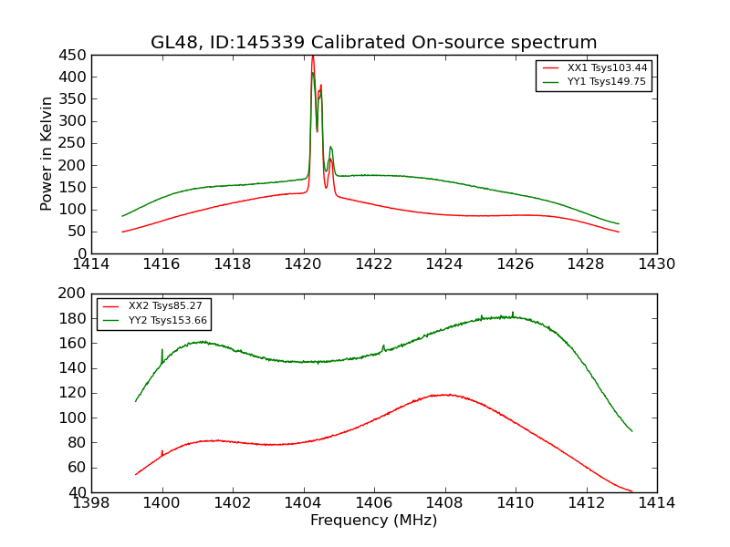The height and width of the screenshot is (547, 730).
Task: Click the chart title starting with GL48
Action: click(374, 43)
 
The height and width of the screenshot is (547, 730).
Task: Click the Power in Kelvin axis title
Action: click(47, 154)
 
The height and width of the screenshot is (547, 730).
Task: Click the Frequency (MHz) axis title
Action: click(374, 521)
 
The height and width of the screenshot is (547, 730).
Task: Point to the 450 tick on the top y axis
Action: click(73, 55)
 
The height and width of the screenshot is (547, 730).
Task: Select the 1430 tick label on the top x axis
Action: click(657, 264)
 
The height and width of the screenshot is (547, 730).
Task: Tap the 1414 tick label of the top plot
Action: click(91, 264)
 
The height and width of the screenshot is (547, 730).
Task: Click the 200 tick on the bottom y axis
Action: click(73, 294)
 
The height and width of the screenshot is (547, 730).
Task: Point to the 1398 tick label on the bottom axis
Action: click(91, 503)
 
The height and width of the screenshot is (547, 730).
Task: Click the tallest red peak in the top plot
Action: click(312, 57)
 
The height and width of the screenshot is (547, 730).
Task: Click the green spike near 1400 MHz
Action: click(162, 351)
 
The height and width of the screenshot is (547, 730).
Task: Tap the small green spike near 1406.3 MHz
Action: click(384, 346)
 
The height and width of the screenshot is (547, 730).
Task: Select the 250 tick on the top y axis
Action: click(73, 143)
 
